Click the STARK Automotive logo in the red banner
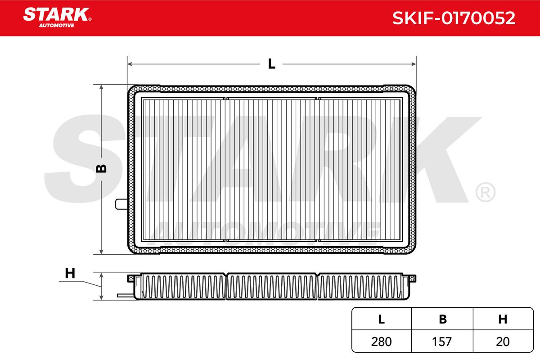pos(57,18)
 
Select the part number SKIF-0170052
pos(454,18)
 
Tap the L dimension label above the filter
pos(271,64)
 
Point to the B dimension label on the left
pos(101,169)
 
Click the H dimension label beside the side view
pos(70,274)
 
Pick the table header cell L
pos(382,319)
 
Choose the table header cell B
pos(443,319)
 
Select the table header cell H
pos(503,319)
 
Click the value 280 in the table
pos(382,342)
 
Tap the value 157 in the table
pos(441,342)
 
